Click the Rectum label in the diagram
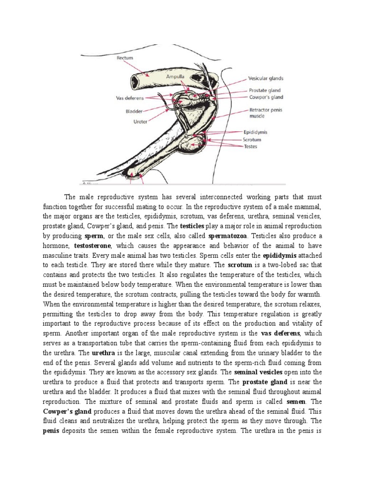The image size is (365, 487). coord(125,58)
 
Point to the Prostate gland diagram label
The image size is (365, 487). coord(265,90)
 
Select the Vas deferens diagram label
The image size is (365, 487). coord(129,98)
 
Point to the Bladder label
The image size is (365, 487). coord(134,112)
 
